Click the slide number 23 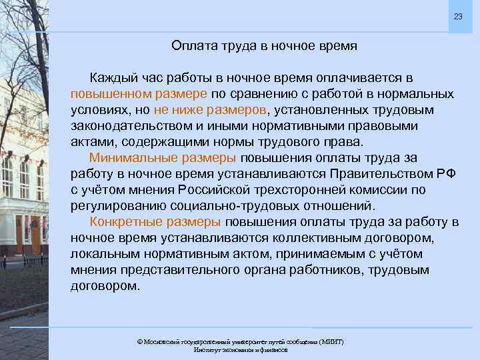(457, 16)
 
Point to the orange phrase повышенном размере (139, 93)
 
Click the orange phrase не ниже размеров (210, 109)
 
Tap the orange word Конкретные (125, 222)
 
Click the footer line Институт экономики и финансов (241, 349)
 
